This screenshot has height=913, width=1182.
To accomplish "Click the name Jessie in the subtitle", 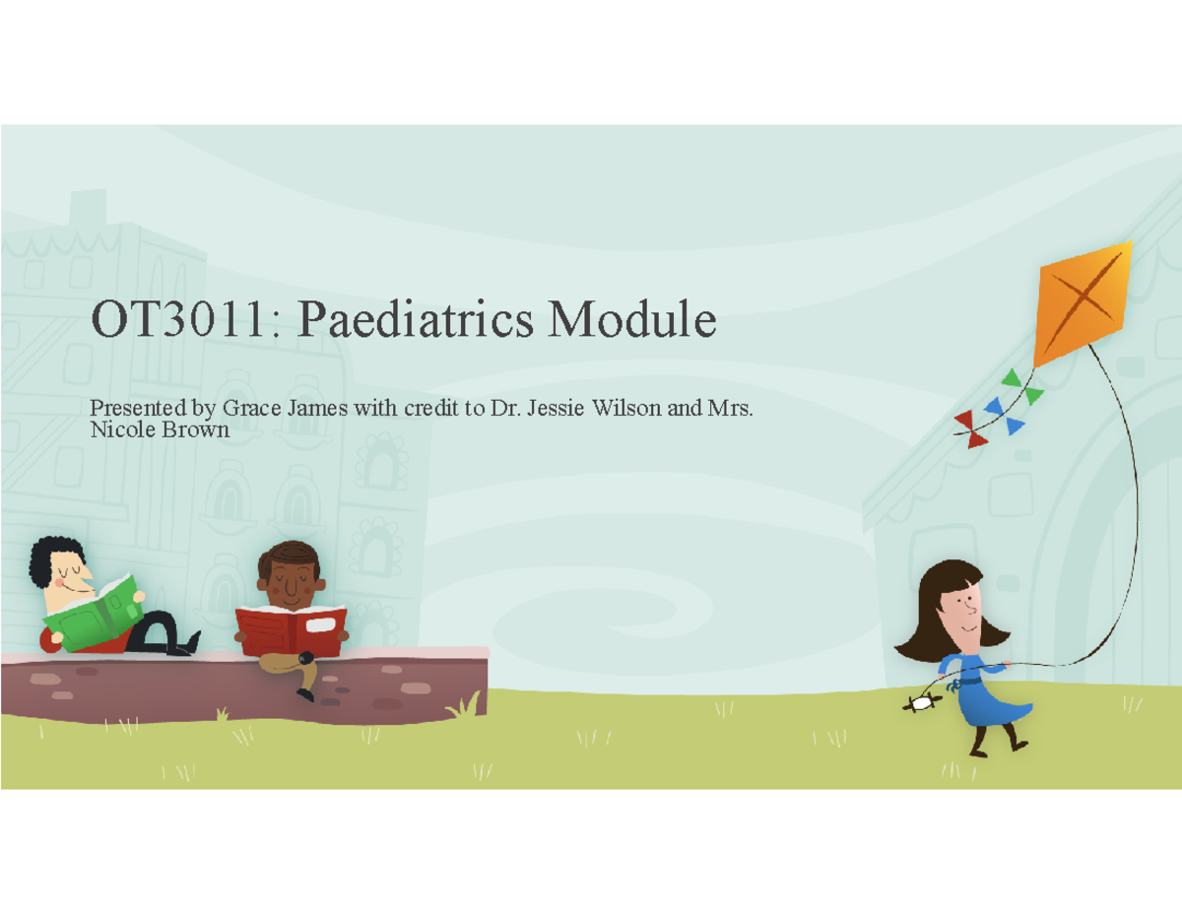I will [555, 409].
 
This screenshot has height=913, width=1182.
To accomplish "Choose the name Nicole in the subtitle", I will [116, 430].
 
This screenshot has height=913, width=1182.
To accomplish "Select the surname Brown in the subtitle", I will [200, 430].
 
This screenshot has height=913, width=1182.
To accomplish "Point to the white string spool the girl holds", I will [922, 703].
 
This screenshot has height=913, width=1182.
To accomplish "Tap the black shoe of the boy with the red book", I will [306, 694].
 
